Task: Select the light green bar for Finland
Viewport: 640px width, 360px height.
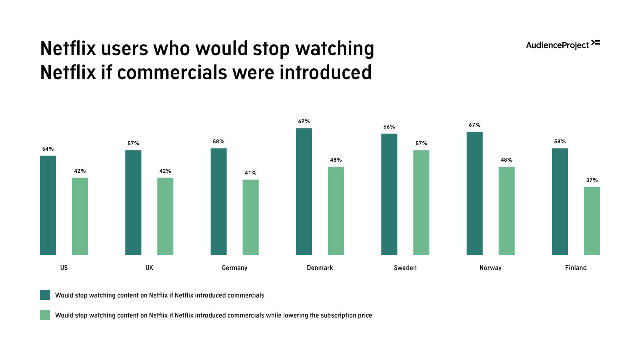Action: coord(592,221)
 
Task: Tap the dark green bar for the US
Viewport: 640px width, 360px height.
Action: coord(48,205)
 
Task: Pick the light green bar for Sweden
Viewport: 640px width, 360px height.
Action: coord(421,202)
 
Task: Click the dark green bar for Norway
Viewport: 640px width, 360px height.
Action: coord(474,193)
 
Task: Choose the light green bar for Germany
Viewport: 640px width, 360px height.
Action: coord(250,217)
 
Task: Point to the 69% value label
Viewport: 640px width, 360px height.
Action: coord(304,121)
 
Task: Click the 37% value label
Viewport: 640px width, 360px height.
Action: coord(592,180)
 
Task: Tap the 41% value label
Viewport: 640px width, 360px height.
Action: coord(250,173)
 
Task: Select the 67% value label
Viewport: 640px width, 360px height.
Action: coord(474,125)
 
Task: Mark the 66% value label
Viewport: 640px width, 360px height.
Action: coord(389,127)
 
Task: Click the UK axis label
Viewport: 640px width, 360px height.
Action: coord(149,268)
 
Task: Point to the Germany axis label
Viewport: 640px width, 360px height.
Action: coord(234,268)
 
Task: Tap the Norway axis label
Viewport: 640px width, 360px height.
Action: coord(490,268)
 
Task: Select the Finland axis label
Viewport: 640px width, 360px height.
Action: coord(576,268)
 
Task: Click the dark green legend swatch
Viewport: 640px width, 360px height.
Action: coord(45,295)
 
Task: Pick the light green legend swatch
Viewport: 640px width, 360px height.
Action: coord(45,315)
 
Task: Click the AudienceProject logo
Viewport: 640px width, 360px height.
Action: coord(562,44)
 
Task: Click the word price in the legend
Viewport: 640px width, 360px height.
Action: coord(365,315)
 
